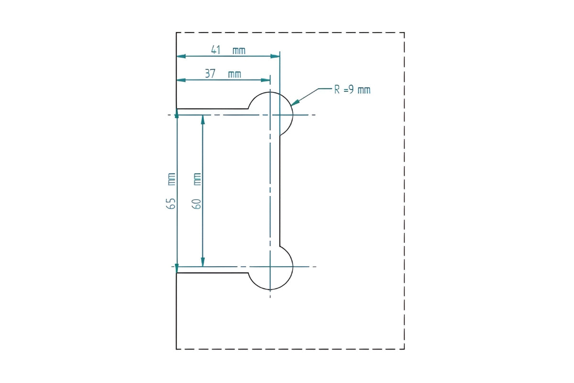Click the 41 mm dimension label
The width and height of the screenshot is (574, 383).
click(x=228, y=50)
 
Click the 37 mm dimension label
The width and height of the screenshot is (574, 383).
click(x=223, y=74)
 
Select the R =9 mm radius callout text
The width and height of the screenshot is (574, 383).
click(x=352, y=90)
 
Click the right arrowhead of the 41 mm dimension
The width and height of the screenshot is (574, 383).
click(x=276, y=56)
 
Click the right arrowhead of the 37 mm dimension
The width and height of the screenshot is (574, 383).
click(x=266, y=79)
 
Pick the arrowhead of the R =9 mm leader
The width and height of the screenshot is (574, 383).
click(x=295, y=102)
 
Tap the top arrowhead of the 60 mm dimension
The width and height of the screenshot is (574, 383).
click(x=203, y=119)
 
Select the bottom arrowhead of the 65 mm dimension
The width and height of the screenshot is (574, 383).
click(x=177, y=269)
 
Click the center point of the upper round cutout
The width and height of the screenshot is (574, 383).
click(x=270, y=115)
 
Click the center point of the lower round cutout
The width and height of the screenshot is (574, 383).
click(x=270, y=267)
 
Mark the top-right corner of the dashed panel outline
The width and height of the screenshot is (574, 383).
click(x=404, y=33)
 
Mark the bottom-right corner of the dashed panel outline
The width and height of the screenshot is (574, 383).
click(x=404, y=349)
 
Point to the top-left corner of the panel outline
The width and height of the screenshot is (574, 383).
click(x=177, y=33)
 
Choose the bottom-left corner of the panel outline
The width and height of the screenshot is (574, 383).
click(x=177, y=349)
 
